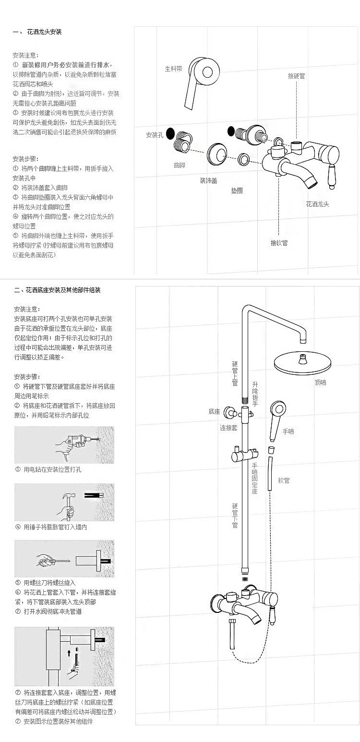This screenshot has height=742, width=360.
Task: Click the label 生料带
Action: pyautogui.click(x=173, y=69)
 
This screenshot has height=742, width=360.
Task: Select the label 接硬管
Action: pyautogui.click(x=296, y=76)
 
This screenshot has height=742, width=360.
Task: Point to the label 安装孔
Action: pyautogui.click(x=155, y=135)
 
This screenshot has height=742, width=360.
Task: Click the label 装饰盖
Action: pyautogui.click(x=208, y=180)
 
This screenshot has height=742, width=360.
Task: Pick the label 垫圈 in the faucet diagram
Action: pyautogui.click(x=237, y=191)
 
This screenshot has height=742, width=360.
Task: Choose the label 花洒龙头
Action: pyautogui.click(x=317, y=204)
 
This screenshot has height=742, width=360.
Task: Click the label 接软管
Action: pyautogui.click(x=279, y=243)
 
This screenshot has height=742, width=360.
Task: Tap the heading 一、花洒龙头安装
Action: pyautogui.click(x=37, y=32)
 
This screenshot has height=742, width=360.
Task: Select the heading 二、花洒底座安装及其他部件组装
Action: pyautogui.click(x=57, y=290)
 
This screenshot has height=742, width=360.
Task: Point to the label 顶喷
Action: pyautogui.click(x=320, y=383)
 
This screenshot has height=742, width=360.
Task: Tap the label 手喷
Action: pyautogui.click(x=288, y=431)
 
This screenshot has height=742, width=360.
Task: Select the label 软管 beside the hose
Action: pyautogui.click(x=284, y=480)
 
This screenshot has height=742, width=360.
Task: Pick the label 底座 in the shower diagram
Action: pyautogui.click(x=214, y=411)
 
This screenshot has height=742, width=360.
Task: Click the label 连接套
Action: pyautogui.click(x=228, y=428)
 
